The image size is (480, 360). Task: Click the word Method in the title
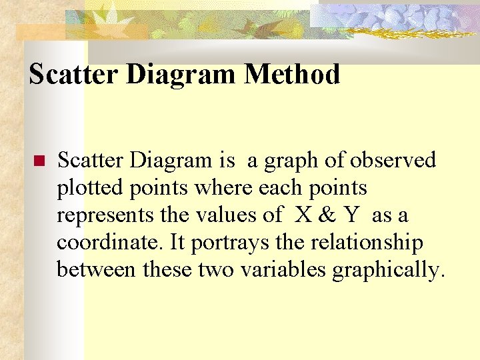(x=292, y=74)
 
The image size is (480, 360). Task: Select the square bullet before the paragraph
(x=39, y=161)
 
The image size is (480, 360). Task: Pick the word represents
(x=100, y=215)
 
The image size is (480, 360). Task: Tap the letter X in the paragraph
(x=302, y=215)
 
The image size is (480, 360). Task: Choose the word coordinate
(x=109, y=243)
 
